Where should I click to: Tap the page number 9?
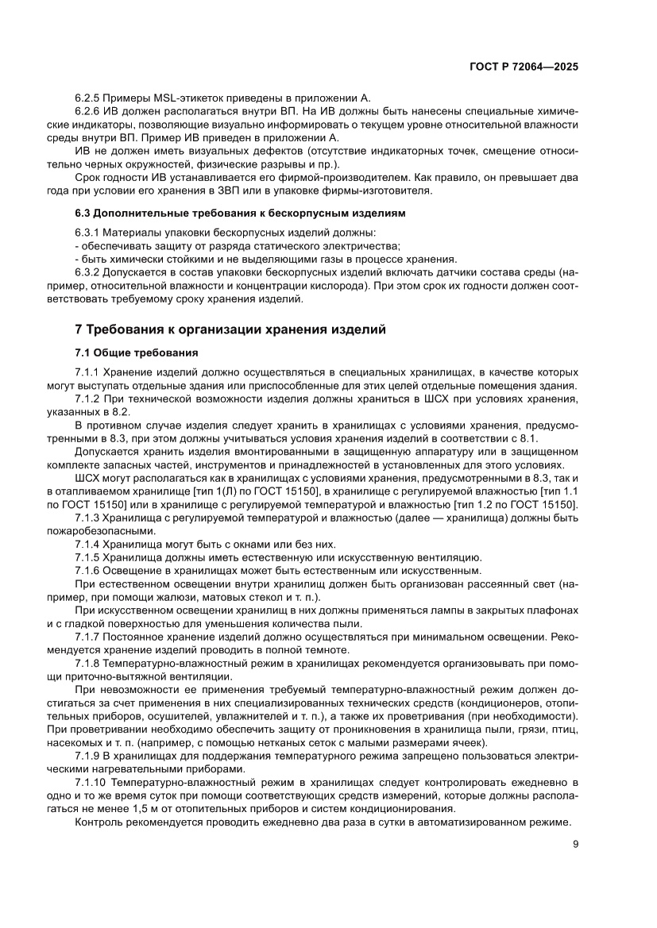pyautogui.click(x=574, y=845)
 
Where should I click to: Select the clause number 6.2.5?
pyautogui.click(x=87, y=98)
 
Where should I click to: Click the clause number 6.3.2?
pyautogui.click(x=87, y=272)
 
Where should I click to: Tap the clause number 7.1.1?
pyautogui.click(x=87, y=372)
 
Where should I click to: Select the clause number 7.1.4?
pyautogui.click(x=87, y=544)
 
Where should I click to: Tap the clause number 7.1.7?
pyautogui.click(x=87, y=637)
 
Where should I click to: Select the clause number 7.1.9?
pyautogui.click(x=87, y=757)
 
